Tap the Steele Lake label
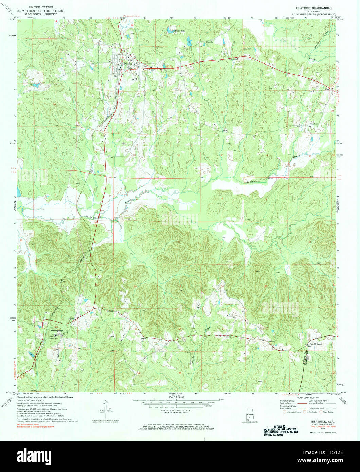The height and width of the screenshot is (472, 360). pos(181,30)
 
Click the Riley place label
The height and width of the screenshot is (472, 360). pos(327,89)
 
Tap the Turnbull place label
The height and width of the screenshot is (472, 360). pos(313,124)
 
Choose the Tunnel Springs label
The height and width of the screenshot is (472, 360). pos(56,330)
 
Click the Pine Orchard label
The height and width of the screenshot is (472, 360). pos(315,344)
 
